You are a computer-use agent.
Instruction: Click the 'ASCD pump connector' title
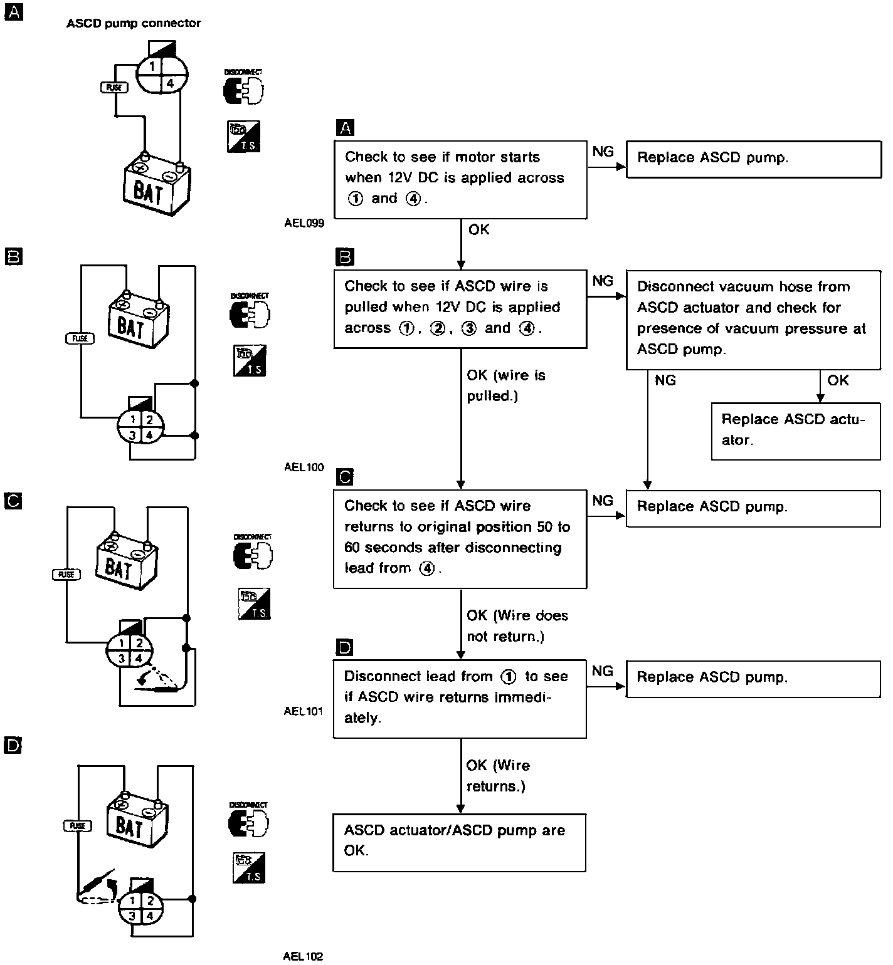click(134, 23)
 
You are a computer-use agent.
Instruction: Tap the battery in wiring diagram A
click(157, 186)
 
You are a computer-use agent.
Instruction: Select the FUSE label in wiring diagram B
click(80, 338)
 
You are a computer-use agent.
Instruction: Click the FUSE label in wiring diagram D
click(77, 825)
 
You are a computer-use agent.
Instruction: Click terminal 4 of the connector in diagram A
click(170, 83)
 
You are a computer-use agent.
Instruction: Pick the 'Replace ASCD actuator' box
click(795, 430)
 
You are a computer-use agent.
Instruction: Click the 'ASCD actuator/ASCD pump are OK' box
click(459, 842)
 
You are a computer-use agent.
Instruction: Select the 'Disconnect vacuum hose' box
click(753, 319)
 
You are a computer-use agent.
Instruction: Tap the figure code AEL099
click(304, 223)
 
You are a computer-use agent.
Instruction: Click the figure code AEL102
click(303, 956)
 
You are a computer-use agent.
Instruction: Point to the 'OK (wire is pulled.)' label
click(505, 385)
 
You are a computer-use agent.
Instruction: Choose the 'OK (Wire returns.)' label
click(498, 775)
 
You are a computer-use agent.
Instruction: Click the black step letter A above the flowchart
click(346, 128)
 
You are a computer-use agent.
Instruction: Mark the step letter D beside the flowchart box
click(345, 647)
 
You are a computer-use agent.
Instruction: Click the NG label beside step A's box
click(603, 151)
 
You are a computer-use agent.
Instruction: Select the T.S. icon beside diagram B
click(250, 361)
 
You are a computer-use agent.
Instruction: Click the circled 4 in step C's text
click(426, 568)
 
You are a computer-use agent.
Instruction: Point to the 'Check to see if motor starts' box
click(460, 179)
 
